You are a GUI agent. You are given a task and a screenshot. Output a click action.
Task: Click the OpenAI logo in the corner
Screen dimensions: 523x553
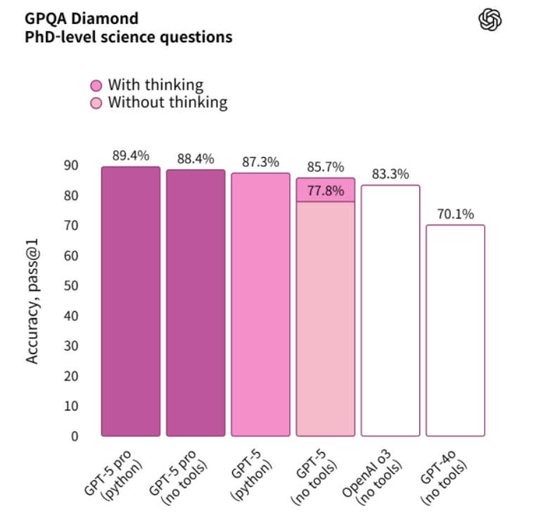pos(490,20)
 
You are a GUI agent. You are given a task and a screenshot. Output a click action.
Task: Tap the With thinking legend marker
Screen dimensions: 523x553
pos(96,85)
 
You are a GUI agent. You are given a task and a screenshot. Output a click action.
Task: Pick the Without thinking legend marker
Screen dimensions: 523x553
pos(96,103)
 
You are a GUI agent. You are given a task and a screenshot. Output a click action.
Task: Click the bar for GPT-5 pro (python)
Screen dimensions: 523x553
pos(130,303)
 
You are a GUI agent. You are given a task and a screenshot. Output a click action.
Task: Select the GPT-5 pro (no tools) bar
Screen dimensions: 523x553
pos(196,303)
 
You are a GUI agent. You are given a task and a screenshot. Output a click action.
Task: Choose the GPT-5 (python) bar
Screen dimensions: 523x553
pos(260,306)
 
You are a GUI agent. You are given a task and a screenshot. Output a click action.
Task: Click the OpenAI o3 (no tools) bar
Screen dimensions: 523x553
pos(390,310)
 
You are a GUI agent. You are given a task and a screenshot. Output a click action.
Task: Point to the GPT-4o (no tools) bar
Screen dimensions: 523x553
pos(455,331)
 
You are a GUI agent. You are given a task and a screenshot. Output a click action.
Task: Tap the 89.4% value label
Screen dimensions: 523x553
pos(130,156)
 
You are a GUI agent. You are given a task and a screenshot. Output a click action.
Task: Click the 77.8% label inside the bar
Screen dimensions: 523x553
pos(325,190)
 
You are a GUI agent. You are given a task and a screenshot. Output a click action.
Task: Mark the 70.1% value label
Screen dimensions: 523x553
pos(455,214)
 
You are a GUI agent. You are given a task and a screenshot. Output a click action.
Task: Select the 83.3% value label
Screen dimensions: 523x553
pos(390,175)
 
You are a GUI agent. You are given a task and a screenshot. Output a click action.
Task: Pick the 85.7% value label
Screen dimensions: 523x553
pos(325,168)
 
